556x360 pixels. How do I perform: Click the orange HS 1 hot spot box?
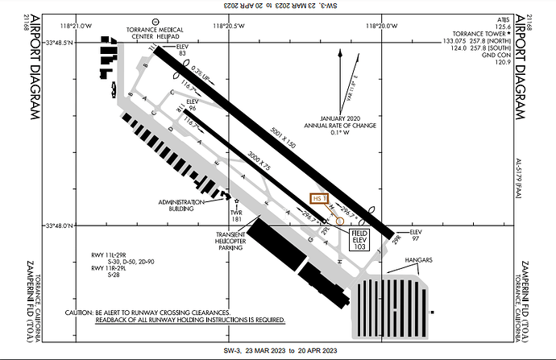(x=321, y=198)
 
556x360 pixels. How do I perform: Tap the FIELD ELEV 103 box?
(x=359, y=238)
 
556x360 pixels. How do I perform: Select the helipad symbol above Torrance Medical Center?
(x=155, y=19)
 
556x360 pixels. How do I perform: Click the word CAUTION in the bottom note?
(x=81, y=312)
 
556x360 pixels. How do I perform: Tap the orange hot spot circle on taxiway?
(x=339, y=220)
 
